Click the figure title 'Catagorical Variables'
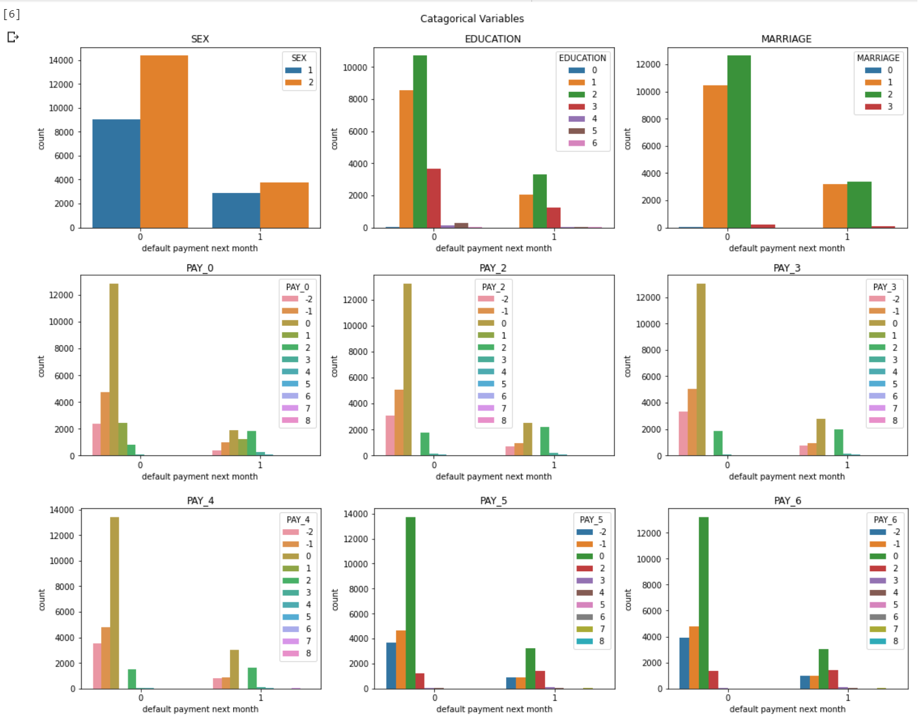(472, 19)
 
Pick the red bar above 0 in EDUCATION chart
(433, 198)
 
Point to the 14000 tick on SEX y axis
(61, 60)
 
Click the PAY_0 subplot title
(200, 268)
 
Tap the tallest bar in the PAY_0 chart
(114, 369)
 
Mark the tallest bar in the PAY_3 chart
(701, 369)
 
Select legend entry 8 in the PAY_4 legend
(298, 653)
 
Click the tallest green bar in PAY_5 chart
(410, 602)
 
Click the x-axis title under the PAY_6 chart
(787, 709)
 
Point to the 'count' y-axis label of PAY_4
(41, 600)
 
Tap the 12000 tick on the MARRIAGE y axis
(648, 64)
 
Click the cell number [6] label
(12, 14)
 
